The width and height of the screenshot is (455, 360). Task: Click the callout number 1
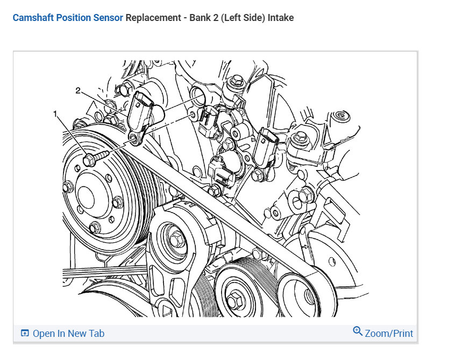click(55, 114)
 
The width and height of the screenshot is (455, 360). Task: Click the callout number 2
click(78, 91)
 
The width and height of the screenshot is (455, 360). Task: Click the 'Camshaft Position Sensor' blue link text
click(68, 18)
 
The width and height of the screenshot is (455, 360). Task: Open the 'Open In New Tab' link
click(68, 334)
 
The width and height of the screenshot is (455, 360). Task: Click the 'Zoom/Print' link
click(389, 334)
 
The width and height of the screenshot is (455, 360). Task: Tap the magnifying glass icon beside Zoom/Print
click(358, 331)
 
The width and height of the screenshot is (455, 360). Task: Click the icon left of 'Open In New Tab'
click(24, 334)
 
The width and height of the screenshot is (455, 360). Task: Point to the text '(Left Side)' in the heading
click(243, 18)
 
